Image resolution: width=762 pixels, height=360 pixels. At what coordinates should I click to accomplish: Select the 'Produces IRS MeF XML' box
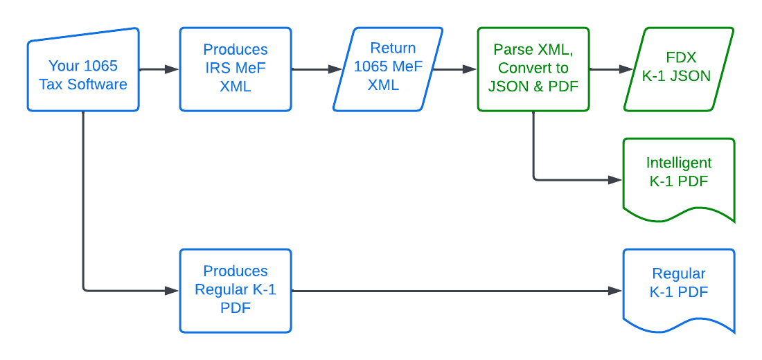click(x=236, y=69)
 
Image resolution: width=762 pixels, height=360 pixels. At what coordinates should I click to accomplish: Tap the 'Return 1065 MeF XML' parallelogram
click(x=388, y=69)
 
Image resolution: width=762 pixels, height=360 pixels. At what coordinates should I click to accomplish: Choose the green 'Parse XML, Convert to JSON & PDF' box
click(x=533, y=69)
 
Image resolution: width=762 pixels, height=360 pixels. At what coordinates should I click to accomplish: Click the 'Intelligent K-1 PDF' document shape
click(x=679, y=177)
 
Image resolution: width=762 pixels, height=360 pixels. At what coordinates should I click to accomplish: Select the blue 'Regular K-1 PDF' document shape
click(x=679, y=287)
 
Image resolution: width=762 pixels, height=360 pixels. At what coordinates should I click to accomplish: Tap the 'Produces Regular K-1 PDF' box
click(x=236, y=291)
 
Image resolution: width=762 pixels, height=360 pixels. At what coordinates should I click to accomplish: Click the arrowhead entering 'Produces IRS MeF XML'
click(x=172, y=69)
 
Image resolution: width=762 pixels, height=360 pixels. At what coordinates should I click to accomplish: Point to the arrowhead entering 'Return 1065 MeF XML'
click(x=335, y=69)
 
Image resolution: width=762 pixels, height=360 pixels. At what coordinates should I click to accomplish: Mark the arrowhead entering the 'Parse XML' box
click(x=470, y=69)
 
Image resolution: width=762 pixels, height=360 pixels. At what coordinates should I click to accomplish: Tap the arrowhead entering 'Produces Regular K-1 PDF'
click(x=172, y=291)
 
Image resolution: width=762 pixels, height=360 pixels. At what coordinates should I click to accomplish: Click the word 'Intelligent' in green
click(x=679, y=163)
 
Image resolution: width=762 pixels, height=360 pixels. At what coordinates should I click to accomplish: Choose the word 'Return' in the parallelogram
click(x=393, y=48)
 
